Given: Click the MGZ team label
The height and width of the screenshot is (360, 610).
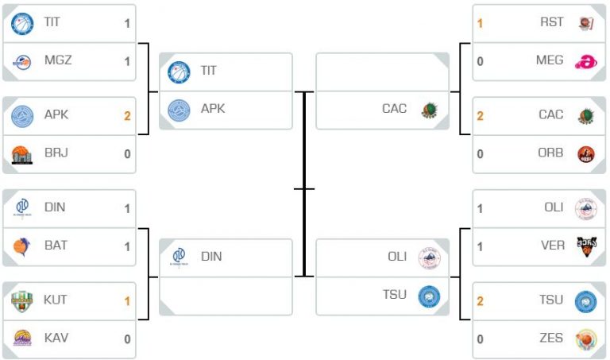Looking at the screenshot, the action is coord(58,60).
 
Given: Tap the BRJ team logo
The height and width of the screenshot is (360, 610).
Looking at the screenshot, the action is coord(21,155).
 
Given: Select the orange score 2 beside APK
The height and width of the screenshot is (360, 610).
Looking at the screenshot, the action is coord(127,115).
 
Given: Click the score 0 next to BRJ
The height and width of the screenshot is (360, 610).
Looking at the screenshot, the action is coord(127,153).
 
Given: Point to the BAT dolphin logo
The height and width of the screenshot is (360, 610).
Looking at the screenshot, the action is coord(21,246).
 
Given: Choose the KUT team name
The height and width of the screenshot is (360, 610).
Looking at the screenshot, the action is coord(55,300).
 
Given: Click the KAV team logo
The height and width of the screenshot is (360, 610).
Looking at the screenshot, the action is coord(22,338).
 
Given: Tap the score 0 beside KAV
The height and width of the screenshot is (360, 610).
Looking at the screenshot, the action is coord(127,339).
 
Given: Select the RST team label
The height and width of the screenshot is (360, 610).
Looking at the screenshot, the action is coord(552,21).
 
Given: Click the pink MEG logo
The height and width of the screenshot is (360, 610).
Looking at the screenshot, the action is coord(586,61).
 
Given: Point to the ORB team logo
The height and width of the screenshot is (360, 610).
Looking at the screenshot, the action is coord(586,154).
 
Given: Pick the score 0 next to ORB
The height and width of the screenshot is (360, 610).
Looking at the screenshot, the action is coord(480,153).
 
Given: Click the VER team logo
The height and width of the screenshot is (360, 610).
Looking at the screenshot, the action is coord(586,246).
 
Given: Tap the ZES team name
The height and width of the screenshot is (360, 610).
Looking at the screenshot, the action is coord(551,338).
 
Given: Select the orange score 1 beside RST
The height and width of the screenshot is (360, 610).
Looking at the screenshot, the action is coord(480,23).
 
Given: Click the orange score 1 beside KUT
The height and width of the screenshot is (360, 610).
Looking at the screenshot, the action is coord(127,301).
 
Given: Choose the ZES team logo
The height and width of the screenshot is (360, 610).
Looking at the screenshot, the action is coord(586,339).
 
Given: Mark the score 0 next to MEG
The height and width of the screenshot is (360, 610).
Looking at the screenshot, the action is coord(480,61).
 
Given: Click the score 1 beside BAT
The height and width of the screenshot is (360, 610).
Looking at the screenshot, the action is coord(127,246).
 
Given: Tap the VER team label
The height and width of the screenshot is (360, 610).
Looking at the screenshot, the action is coord(553,246).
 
